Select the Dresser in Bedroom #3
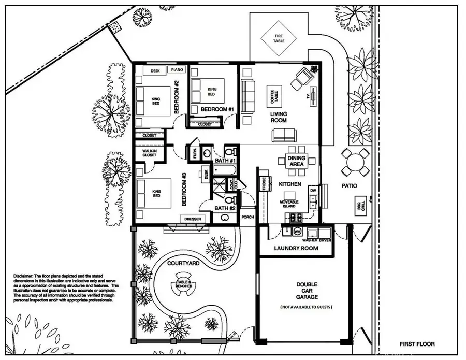[x=193, y=219]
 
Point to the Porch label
[x=247, y=217]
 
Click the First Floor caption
[x=417, y=343]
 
